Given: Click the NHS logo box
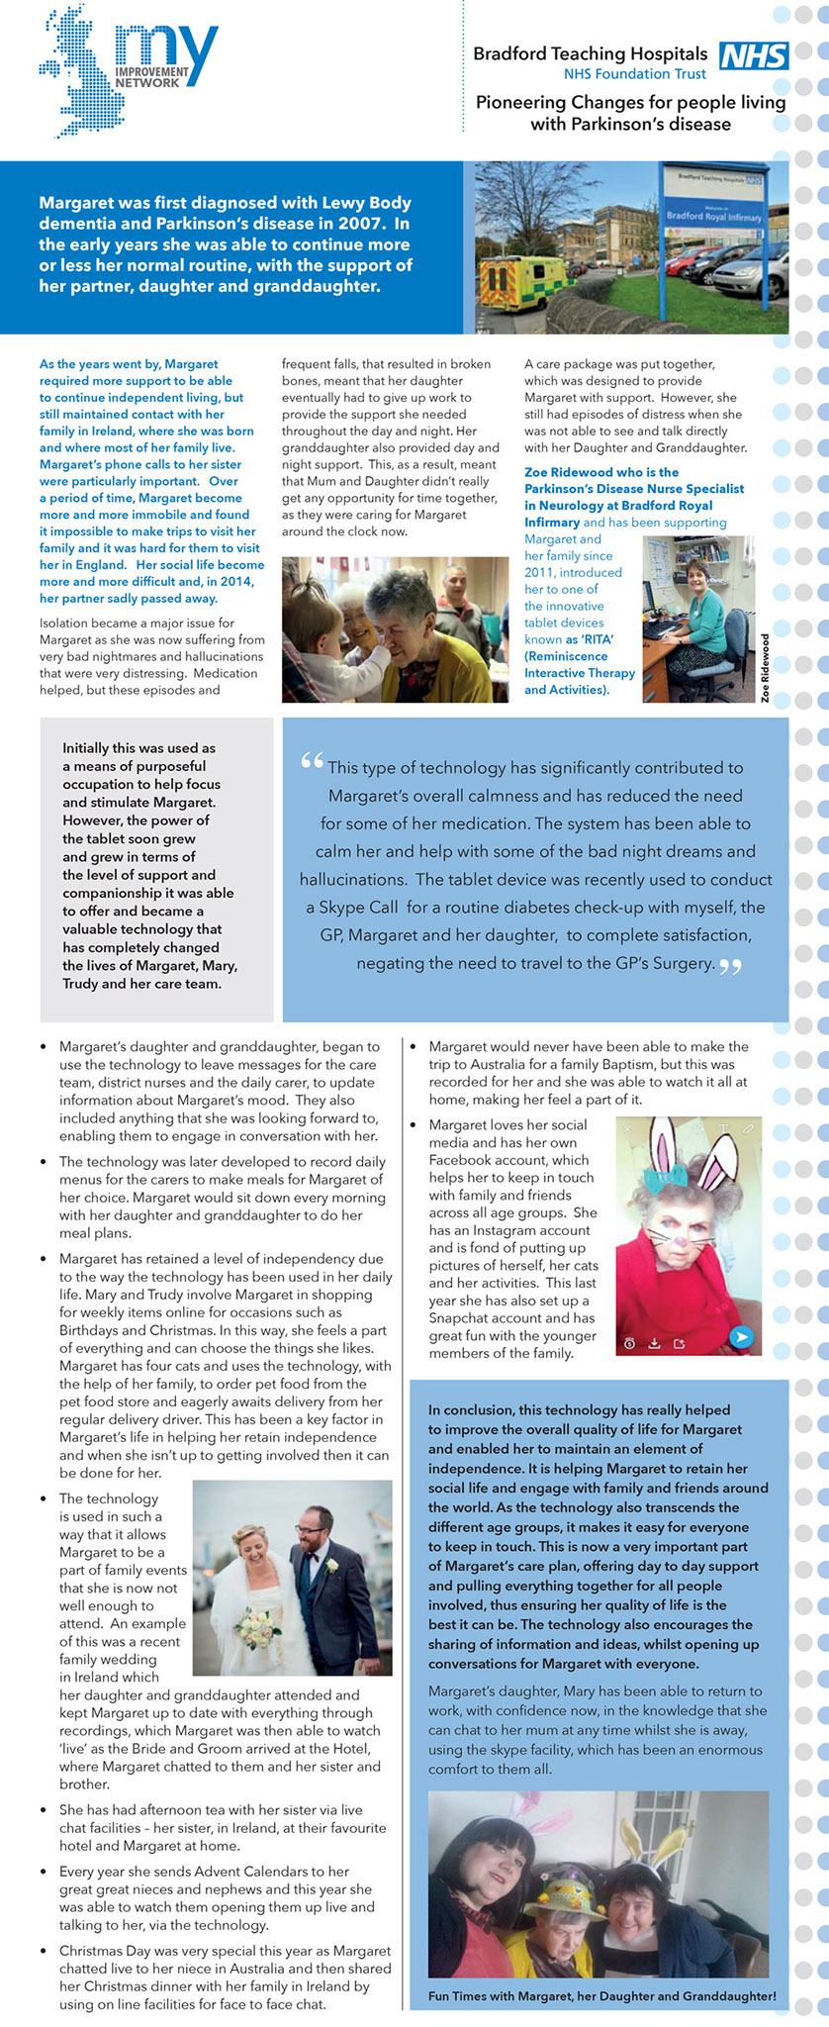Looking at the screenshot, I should click(x=753, y=55).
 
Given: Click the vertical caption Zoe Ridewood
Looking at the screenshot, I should click(x=765, y=668).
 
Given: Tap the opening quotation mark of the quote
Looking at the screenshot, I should click(x=312, y=762).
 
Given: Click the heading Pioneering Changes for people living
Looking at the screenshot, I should click(x=630, y=102).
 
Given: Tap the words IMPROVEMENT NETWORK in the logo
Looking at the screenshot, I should click(x=151, y=78).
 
